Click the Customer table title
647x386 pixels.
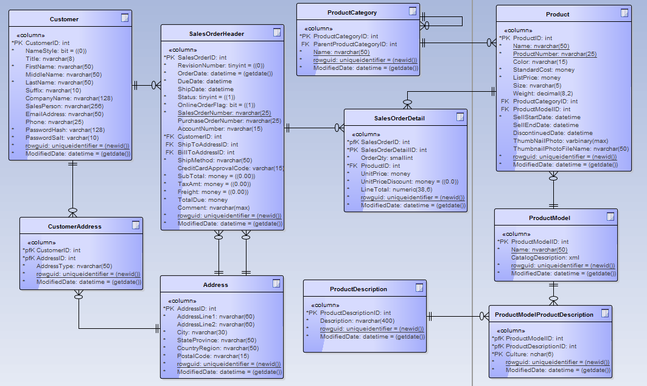64,19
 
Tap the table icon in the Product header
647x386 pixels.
624,13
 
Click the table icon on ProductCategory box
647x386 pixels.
413,11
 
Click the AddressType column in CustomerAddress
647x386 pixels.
74,266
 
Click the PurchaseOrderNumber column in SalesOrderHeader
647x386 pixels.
229,120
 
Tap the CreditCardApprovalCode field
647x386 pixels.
231,168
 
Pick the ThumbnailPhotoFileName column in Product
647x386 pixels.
570,148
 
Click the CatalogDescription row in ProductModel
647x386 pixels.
545,257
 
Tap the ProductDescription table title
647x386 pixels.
358,289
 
